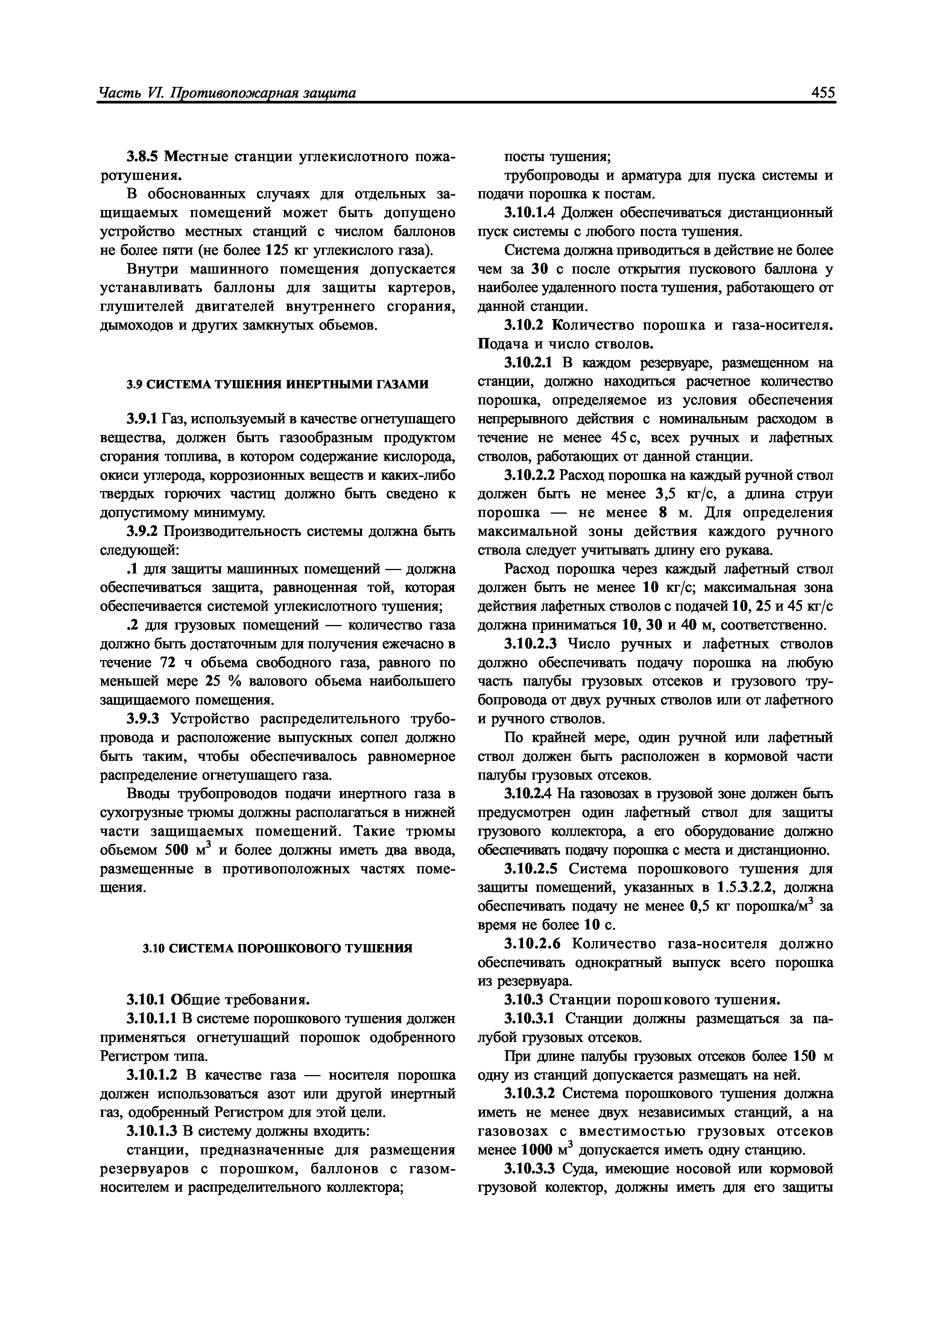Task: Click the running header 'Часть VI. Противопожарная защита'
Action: pos(227,93)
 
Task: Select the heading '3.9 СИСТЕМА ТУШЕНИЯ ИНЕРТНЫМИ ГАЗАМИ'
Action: pos(277,385)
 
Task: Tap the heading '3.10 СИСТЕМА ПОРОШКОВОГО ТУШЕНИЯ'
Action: pos(277,948)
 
